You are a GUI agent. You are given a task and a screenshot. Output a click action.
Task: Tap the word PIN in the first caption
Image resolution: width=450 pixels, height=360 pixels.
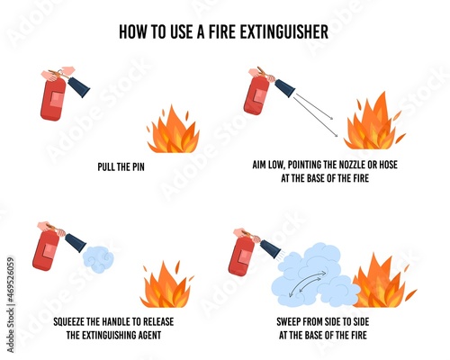(x=137, y=166)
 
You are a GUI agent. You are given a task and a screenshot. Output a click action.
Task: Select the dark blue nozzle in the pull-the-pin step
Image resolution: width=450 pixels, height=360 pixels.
(x=79, y=86)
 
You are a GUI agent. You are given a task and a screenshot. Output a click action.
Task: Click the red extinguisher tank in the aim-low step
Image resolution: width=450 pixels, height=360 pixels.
(x=256, y=95)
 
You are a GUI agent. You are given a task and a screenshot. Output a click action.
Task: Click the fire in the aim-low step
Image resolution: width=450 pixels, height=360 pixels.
(x=373, y=121)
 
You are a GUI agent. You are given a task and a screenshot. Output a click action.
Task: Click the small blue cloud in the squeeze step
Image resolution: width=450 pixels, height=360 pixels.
(x=98, y=259)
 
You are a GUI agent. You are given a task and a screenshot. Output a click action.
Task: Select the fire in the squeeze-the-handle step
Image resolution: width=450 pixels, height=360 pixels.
(x=166, y=284)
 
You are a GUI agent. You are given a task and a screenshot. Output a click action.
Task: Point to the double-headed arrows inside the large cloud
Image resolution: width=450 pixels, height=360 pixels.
(x=308, y=283)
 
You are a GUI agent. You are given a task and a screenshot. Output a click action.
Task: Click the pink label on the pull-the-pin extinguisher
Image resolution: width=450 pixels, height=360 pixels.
(x=57, y=100)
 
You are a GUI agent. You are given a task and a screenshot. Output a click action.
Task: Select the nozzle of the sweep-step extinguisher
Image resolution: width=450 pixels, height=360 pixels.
(x=271, y=247)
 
